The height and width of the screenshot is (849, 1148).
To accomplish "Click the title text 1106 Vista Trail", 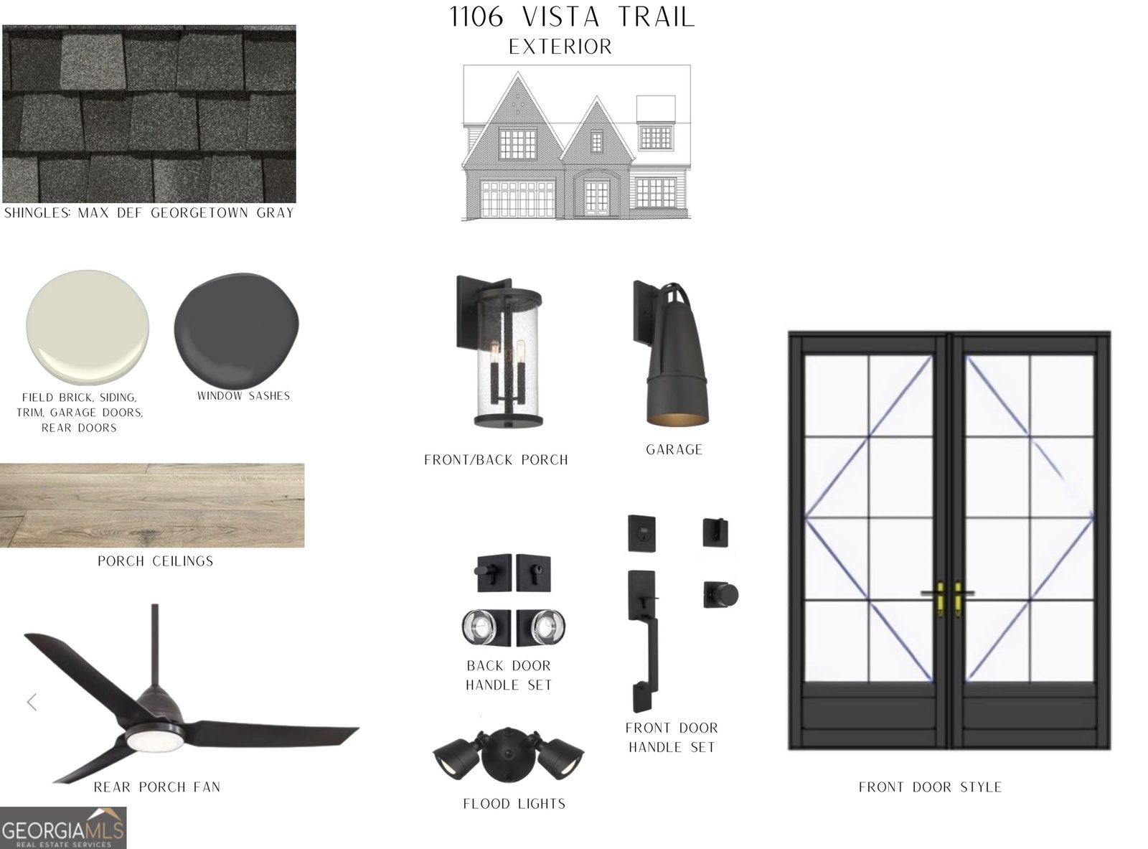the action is point(573,17).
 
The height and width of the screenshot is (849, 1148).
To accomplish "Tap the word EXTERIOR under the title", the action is point(560,47).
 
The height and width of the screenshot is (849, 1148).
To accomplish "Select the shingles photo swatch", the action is point(149,114).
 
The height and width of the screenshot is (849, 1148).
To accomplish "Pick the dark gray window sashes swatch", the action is point(237,328).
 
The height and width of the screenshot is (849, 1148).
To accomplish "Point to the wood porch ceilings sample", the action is point(152,505).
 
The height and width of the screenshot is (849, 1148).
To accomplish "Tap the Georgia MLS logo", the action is point(63,827).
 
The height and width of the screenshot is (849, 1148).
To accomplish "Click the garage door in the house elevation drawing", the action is point(517,199).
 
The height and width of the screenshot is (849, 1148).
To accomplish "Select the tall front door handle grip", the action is point(644,642).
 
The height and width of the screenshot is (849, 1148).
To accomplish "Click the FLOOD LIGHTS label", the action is point(514,804).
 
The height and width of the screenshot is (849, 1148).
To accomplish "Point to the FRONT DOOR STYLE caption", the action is point(930,787).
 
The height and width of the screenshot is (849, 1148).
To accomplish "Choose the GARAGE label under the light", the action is point(674,450).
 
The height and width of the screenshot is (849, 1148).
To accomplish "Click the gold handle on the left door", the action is point(940,599).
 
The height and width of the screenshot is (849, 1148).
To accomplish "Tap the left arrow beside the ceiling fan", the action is point(32,703).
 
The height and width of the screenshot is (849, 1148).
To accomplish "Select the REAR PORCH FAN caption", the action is point(157,787).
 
